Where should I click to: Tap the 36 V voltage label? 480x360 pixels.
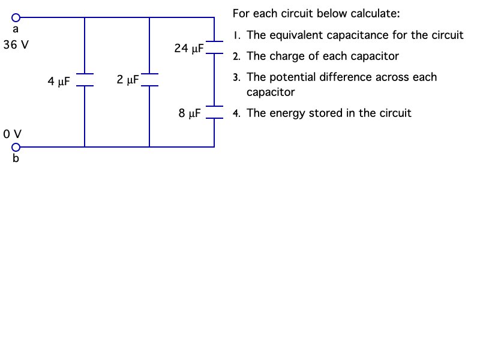click(x=16, y=45)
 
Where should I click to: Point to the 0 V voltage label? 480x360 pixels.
click(x=12, y=133)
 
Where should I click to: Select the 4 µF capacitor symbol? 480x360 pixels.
click(x=85, y=80)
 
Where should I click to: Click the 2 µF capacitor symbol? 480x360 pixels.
click(x=149, y=80)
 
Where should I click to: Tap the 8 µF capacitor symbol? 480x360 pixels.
click(x=214, y=112)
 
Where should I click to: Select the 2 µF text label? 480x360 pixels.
click(x=128, y=79)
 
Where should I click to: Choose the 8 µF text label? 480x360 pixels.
click(x=190, y=113)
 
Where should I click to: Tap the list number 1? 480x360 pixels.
click(x=238, y=35)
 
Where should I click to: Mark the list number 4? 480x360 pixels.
click(x=237, y=113)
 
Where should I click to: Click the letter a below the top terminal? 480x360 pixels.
click(x=16, y=29)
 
